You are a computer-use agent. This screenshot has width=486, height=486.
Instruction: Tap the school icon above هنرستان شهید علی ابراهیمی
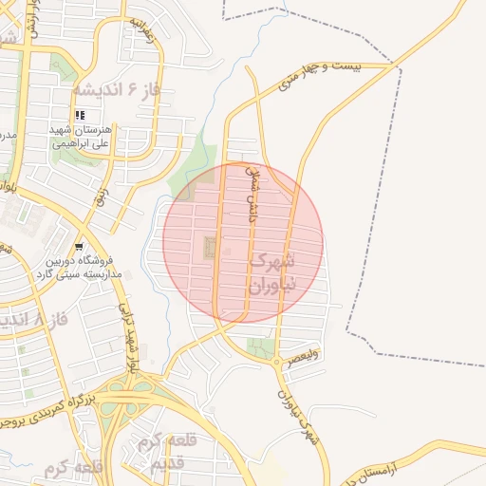(80, 114)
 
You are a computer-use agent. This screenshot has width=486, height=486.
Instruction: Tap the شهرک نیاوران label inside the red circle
(273, 271)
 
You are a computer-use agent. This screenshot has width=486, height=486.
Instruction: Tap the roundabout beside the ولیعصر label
(276, 362)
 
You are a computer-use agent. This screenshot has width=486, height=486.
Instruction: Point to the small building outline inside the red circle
(209, 249)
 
